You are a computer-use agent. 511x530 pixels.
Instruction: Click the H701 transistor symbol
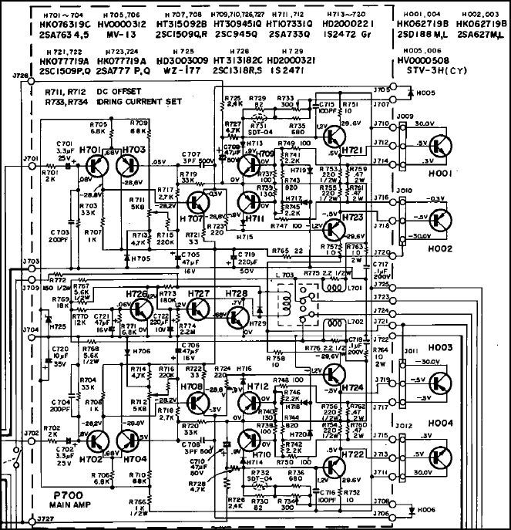[x=96, y=167]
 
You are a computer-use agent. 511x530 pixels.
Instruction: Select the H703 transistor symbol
[x=130, y=167]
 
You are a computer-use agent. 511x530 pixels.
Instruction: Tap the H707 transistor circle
[x=197, y=206]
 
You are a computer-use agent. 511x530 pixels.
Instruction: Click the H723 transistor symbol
[x=337, y=230]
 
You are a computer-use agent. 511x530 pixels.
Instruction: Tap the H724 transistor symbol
[x=337, y=376]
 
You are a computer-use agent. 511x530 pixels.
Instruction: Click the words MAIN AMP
[x=58, y=505]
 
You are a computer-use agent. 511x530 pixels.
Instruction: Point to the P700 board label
[x=59, y=495]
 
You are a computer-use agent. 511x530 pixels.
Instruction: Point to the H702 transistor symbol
[x=96, y=442]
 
